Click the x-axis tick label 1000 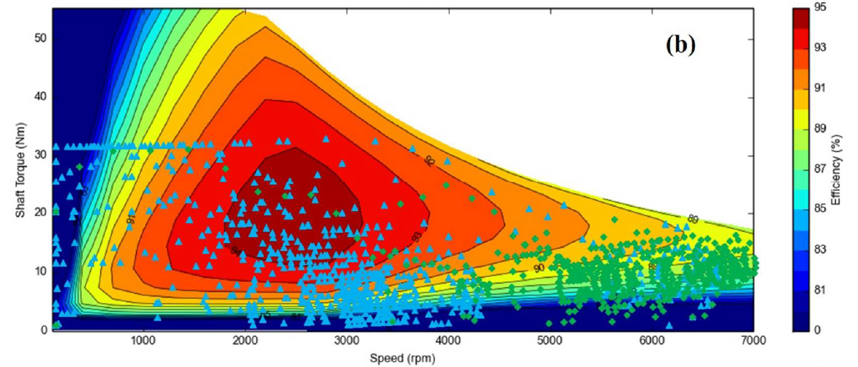coord(144,340)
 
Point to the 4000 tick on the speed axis coord(449,340)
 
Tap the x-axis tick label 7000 coord(752,340)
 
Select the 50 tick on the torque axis coord(41,39)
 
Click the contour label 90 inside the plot coord(539,268)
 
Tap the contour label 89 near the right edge coord(692,220)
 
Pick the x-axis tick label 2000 coord(246,340)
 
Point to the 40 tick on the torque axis coord(41,97)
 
